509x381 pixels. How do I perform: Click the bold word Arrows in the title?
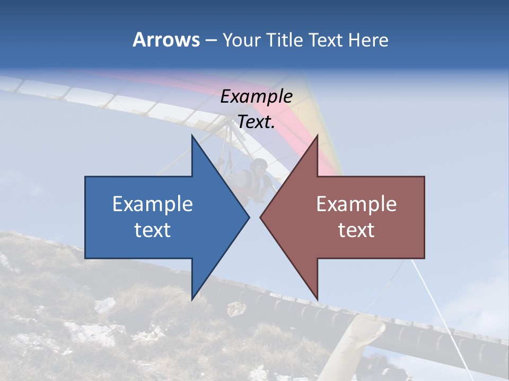pos(166,40)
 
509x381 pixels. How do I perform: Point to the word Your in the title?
pos(241,40)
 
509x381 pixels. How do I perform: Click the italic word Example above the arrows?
pos(257,96)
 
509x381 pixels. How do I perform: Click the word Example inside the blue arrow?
pos(153,204)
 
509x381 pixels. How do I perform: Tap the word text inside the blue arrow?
pos(153,230)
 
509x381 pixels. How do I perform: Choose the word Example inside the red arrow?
pos(356,204)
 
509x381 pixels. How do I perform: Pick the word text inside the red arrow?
pos(356,230)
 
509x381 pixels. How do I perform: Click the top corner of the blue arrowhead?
pos(192,136)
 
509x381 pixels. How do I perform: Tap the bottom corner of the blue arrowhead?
pos(192,299)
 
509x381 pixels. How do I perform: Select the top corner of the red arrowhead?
pos(317,136)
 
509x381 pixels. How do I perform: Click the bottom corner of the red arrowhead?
pos(317,299)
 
